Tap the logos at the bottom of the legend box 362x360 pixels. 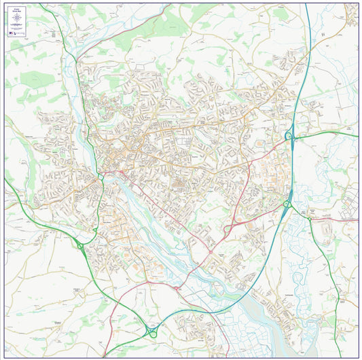pyautogui.click(x=16, y=33)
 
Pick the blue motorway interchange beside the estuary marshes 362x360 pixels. pyautogui.click(x=287, y=203)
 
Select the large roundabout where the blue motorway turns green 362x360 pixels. pyautogui.click(x=151, y=331)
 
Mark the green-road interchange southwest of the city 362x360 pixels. pyautogui.click(x=80, y=247)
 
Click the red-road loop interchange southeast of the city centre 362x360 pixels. pyautogui.click(x=228, y=230)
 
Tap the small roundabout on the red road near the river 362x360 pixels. pyautogui.click(x=177, y=288)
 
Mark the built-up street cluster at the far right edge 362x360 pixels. pyautogui.click(x=349, y=204)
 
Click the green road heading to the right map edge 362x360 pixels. pyautogui.click(x=333, y=134)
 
